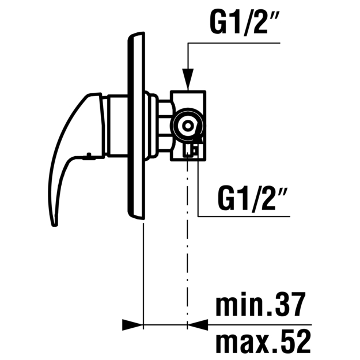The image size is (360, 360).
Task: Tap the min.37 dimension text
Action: coord(261,304)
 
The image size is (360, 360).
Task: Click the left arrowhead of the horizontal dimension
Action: coord(132,325)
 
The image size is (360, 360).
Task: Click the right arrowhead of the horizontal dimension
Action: coord(198,325)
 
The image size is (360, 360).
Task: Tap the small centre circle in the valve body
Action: coord(188,126)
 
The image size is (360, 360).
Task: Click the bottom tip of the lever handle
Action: coord(55,225)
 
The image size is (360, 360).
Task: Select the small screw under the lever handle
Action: coord(88,156)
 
